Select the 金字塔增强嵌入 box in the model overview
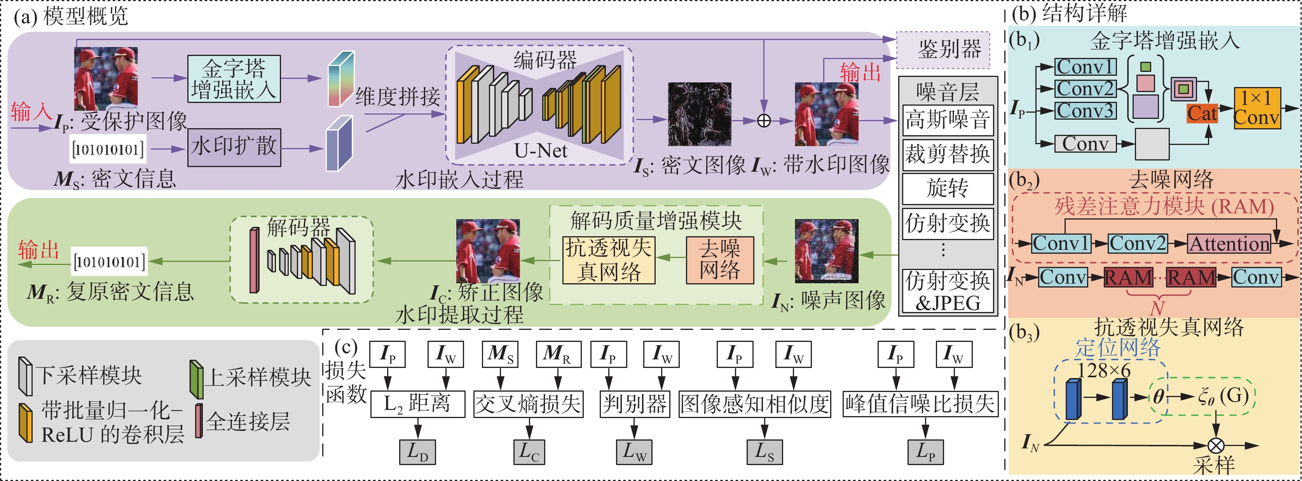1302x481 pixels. (x=234, y=79)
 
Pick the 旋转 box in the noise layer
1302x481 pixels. (x=948, y=188)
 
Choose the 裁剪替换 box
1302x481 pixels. (x=948, y=155)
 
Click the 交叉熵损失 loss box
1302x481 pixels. (x=528, y=404)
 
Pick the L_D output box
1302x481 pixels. (x=417, y=452)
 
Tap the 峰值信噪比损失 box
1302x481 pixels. (x=920, y=404)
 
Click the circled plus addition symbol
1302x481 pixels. (x=764, y=121)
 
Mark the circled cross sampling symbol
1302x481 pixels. (x=1216, y=446)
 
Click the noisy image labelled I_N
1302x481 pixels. (x=826, y=251)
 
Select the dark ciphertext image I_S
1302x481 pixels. (x=700, y=114)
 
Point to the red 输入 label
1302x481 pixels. (x=30, y=112)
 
